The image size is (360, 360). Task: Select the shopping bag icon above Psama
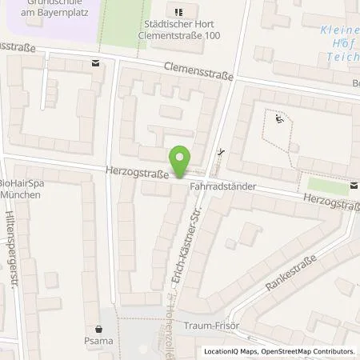click(x=99, y=328)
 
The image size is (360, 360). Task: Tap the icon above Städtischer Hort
click(x=178, y=11)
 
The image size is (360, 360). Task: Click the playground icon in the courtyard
click(x=278, y=120)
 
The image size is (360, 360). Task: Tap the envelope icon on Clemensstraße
click(x=96, y=62)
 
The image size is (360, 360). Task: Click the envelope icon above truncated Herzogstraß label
click(x=354, y=186)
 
